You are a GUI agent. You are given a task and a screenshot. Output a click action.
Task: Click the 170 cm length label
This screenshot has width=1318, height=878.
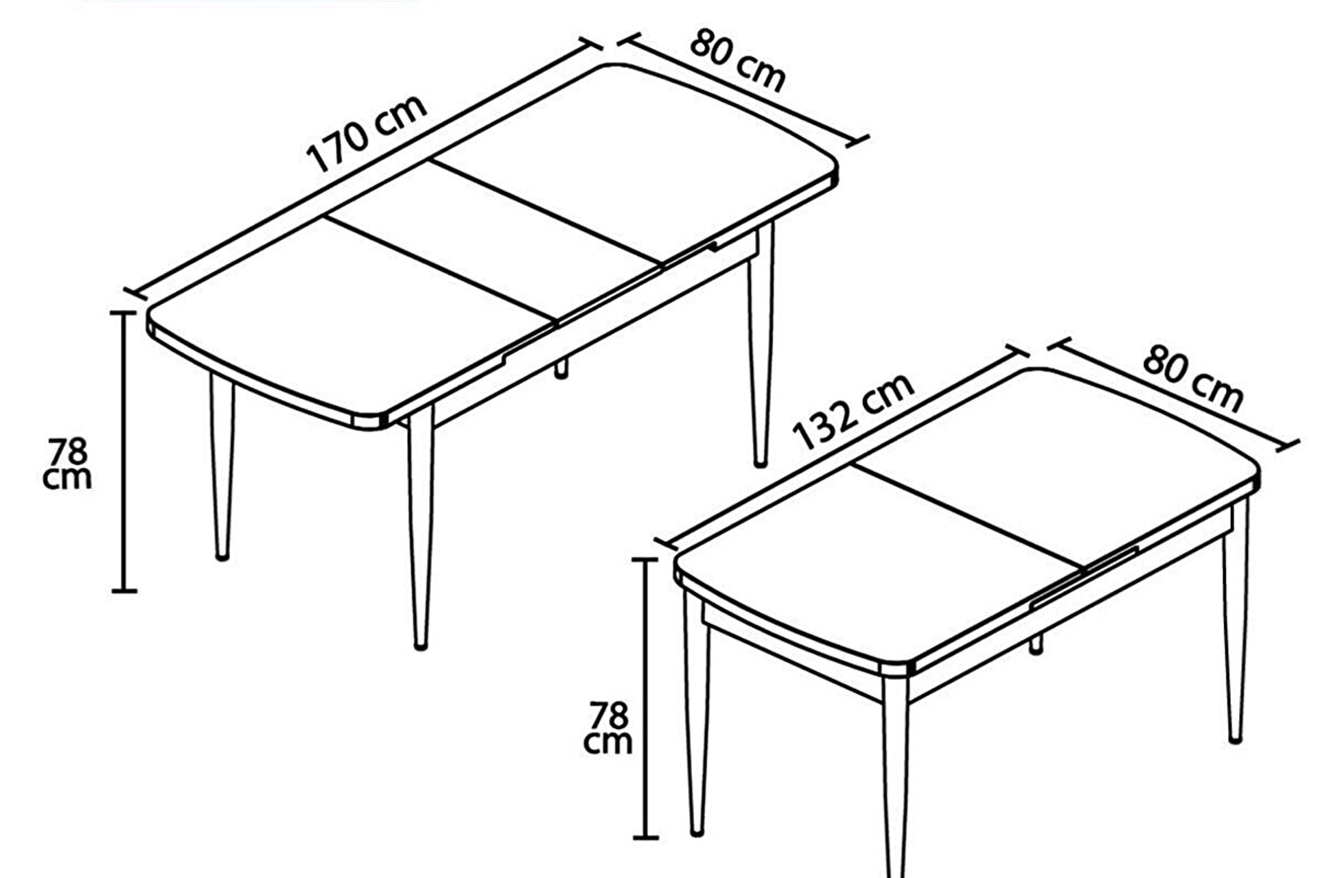[x=367, y=134]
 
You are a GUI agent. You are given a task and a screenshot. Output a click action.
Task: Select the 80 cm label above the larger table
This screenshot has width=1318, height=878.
[x=738, y=60]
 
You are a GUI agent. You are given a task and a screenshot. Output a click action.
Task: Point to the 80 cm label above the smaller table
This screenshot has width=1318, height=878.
[x=1193, y=379]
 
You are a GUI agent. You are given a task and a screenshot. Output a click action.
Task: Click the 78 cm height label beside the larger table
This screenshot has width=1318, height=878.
[x=67, y=464]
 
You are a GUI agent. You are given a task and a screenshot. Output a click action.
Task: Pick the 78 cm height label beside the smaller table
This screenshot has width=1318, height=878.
[x=608, y=728]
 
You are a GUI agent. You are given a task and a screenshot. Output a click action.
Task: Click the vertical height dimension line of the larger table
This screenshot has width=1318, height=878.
[x=124, y=451]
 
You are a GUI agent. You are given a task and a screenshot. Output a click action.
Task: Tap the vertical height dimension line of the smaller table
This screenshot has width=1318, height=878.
[x=645, y=698]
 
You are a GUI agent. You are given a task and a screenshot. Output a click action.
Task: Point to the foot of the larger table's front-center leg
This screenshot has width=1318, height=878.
[x=421, y=645]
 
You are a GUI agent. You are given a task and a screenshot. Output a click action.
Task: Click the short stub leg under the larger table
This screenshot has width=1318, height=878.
[x=562, y=368]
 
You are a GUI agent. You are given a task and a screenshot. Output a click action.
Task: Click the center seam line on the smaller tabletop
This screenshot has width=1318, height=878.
[x=968, y=517]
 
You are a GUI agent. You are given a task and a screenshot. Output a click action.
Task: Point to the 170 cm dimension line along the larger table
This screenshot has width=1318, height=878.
[x=364, y=168]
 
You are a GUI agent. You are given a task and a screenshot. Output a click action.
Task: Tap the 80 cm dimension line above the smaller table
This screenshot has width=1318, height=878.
[x=1175, y=396]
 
